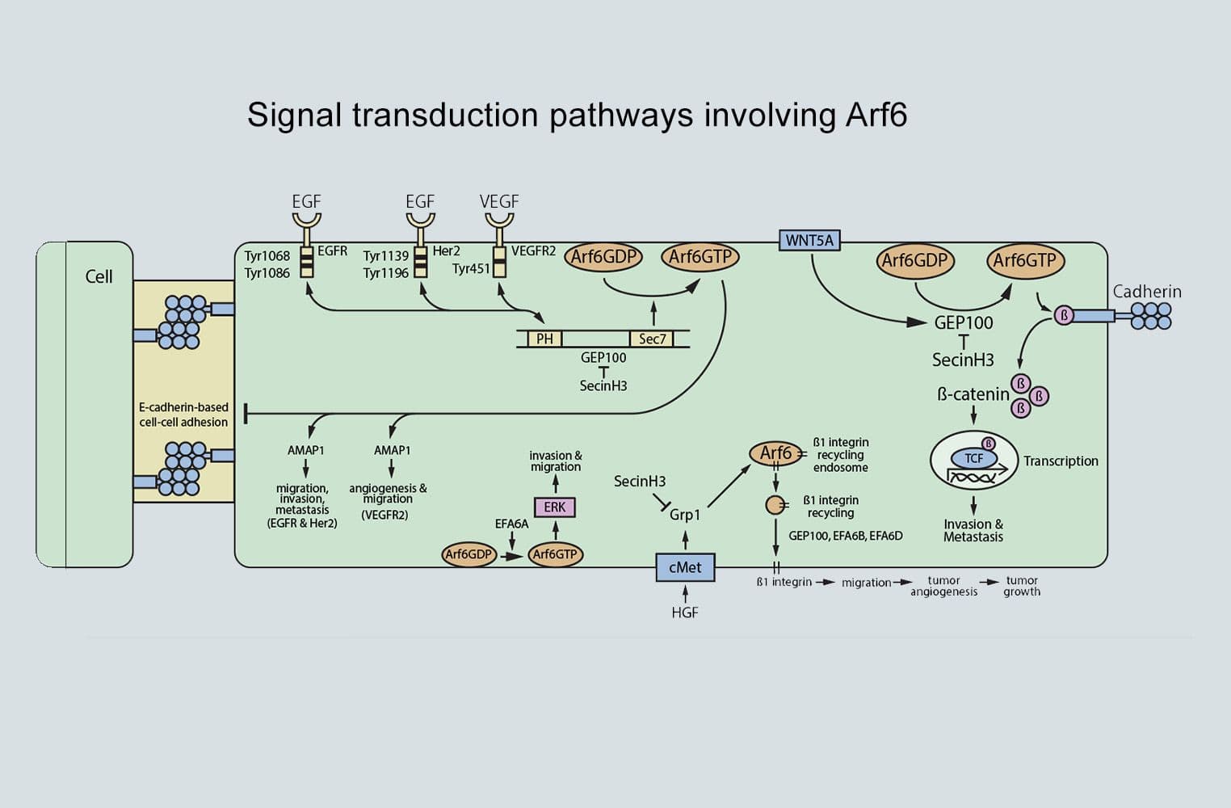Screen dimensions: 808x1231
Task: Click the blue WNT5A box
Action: tap(809, 240)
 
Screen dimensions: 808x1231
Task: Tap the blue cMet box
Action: tap(685, 567)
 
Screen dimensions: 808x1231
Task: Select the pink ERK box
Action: tap(555, 507)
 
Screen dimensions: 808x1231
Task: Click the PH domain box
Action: tap(545, 339)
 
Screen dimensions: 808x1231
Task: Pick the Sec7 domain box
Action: tap(652, 339)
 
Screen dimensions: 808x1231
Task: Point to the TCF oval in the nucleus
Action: tap(974, 458)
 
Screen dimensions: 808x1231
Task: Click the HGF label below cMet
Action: tap(685, 612)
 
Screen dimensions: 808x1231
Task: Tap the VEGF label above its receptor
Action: tap(499, 201)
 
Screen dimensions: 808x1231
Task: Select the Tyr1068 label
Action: tap(267, 256)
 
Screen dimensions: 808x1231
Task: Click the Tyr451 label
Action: tap(471, 268)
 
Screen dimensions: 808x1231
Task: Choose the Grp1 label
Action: tap(685, 514)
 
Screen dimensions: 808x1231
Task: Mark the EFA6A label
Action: tap(511, 524)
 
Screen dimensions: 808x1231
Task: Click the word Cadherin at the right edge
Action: tap(1147, 292)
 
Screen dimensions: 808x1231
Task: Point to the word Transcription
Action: tap(1061, 461)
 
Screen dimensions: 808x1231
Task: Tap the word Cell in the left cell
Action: tap(99, 276)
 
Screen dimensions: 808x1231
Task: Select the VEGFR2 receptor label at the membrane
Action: tap(533, 251)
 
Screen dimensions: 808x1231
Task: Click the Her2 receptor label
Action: tap(446, 251)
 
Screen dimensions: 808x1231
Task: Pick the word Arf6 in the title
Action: tap(876, 115)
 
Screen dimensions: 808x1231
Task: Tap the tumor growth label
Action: tap(1022, 586)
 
